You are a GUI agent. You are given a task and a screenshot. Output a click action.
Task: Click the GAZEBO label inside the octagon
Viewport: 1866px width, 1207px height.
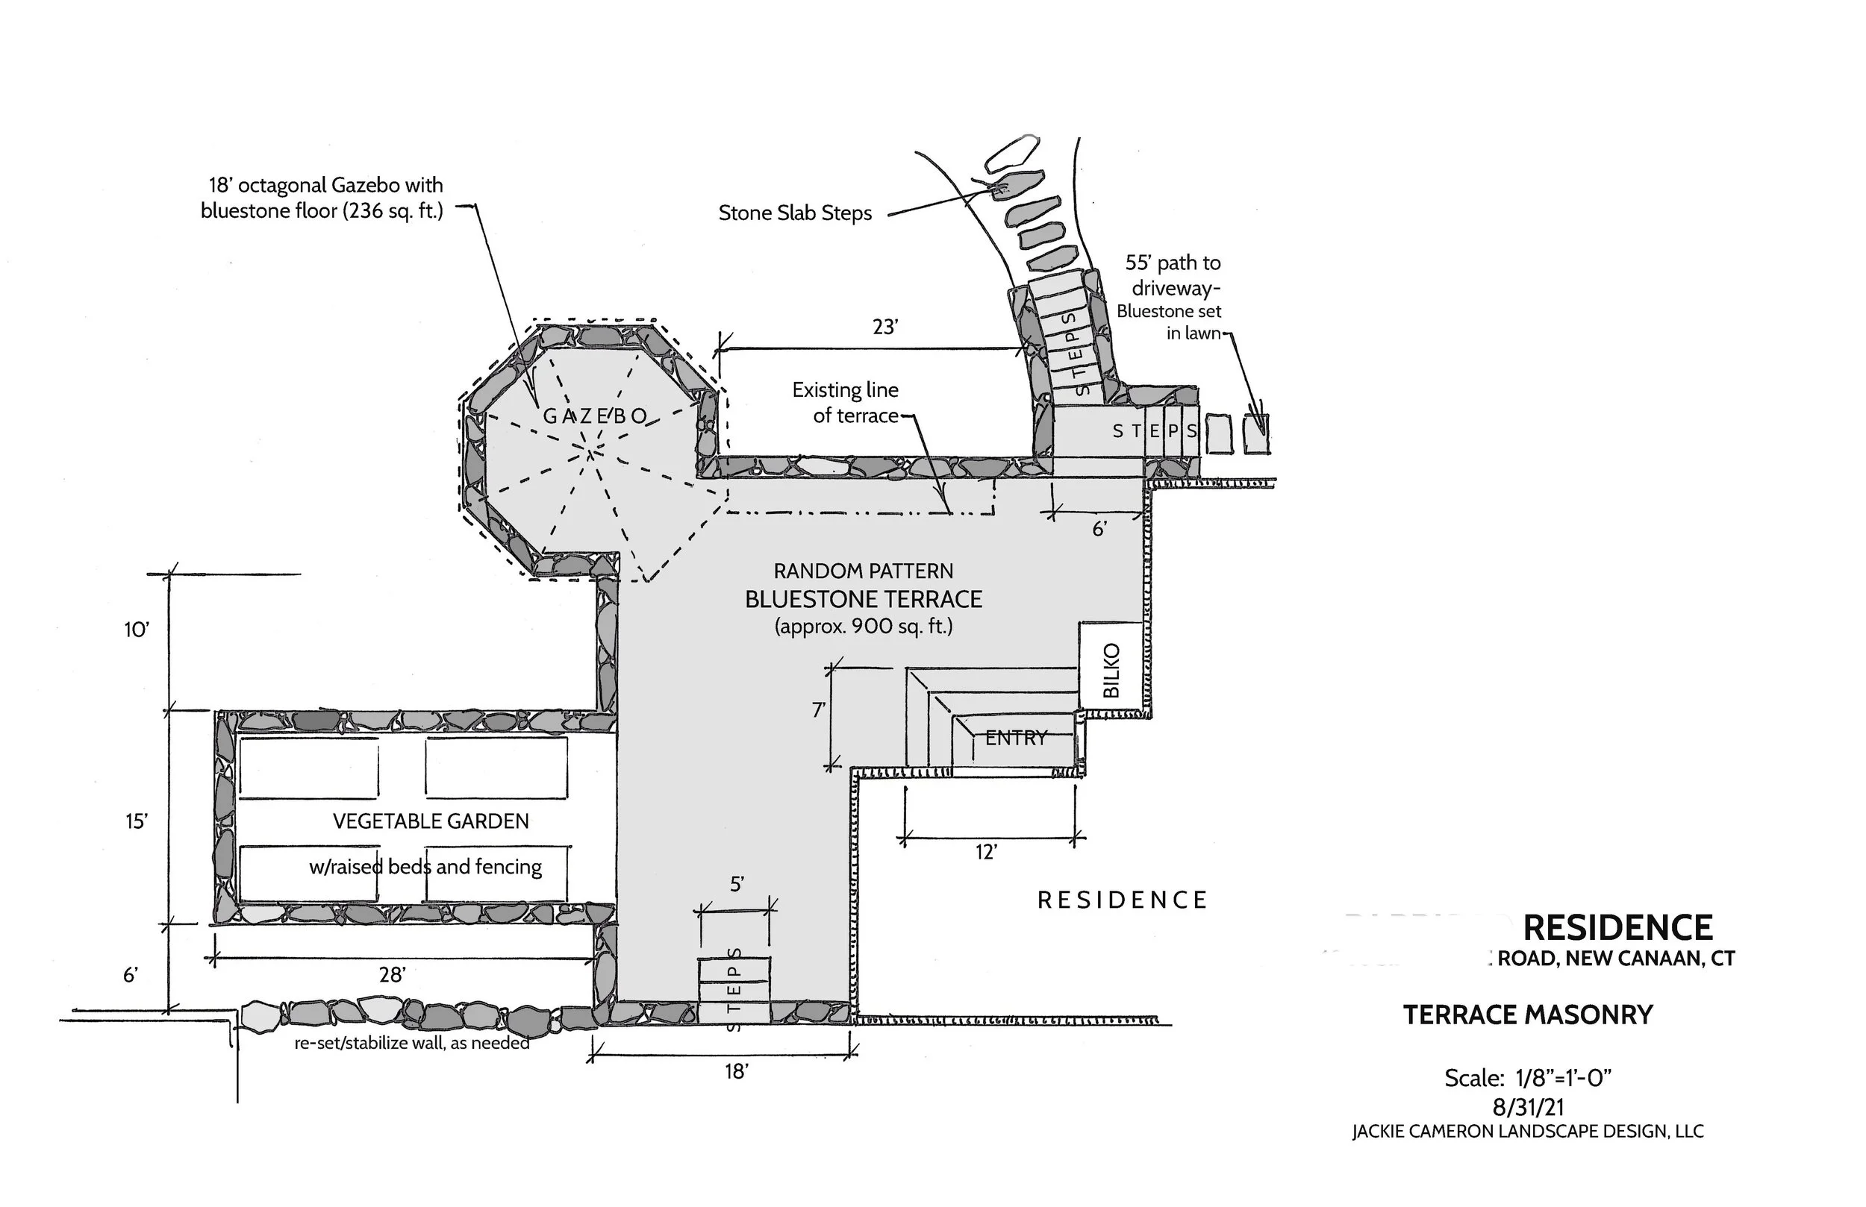point(596,416)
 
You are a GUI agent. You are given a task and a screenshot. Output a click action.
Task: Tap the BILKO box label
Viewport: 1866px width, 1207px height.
point(1111,670)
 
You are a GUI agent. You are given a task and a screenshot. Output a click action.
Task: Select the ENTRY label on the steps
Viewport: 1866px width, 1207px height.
point(1015,738)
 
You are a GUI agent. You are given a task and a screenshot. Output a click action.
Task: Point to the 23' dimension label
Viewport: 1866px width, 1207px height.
point(884,327)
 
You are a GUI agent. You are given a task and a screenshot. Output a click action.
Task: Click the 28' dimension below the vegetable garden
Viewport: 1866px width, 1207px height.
point(392,974)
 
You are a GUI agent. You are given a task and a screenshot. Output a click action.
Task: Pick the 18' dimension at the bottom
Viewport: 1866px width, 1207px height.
point(736,1071)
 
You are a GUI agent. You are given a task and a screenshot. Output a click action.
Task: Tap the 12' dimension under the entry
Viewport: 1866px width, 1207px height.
point(985,852)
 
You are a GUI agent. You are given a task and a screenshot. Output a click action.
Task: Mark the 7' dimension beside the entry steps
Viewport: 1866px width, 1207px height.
point(818,710)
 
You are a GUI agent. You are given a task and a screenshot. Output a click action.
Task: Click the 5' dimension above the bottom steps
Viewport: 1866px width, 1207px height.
point(736,884)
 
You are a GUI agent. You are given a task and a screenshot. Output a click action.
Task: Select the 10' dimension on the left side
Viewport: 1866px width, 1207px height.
point(137,630)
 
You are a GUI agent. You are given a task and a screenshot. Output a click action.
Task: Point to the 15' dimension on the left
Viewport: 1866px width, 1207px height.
point(137,821)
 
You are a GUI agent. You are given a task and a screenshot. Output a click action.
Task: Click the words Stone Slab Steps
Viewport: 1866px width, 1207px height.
point(795,213)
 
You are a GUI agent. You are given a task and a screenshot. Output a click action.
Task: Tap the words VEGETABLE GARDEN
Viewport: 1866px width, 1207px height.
point(431,821)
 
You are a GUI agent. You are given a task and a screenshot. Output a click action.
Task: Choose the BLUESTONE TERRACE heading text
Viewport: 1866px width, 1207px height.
point(864,600)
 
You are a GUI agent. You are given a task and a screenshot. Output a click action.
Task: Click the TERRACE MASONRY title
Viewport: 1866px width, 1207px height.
point(1527,1015)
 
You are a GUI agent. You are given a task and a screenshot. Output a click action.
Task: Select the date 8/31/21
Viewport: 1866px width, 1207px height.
point(1528,1107)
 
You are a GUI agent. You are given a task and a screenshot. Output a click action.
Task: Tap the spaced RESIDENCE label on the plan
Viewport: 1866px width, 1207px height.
point(1122,900)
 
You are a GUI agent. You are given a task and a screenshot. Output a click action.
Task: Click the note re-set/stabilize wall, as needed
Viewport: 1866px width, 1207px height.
point(411,1043)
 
